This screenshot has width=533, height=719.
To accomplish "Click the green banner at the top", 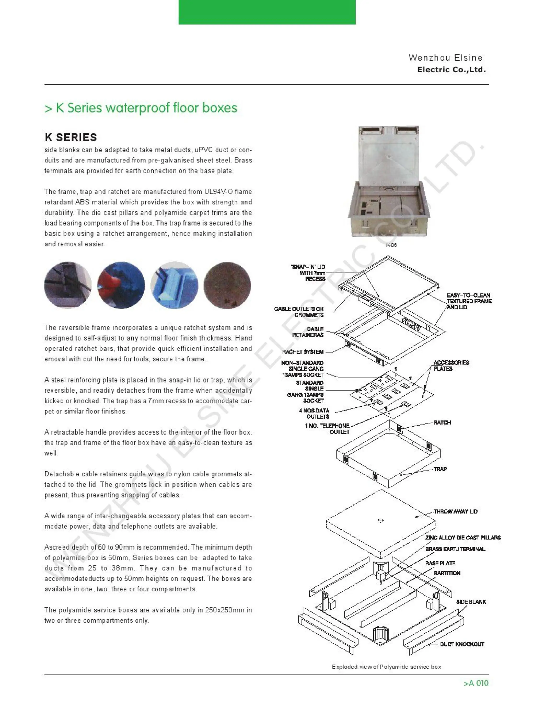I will tap(267, 12).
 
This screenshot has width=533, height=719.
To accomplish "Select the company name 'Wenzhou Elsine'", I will tap(445, 58).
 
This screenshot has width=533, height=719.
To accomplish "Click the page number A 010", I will tap(476, 683).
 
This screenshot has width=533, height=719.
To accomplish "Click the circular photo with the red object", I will tap(121, 285).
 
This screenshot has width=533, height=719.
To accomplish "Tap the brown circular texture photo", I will tap(227, 285).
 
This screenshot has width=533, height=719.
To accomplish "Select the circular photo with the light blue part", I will tap(174, 285).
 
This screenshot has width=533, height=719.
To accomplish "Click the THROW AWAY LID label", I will tap(455, 511).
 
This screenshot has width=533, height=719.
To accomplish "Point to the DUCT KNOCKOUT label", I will tap(462, 644).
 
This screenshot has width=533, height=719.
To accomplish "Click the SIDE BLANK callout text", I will tap(471, 602).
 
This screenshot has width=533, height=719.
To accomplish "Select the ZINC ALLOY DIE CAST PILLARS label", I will tap(463, 537).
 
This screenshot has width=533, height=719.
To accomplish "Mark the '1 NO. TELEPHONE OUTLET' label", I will tap(327, 429).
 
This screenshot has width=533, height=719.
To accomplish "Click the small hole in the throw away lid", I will tap(380, 521).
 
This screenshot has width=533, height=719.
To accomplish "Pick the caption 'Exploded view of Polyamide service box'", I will tap(386, 667).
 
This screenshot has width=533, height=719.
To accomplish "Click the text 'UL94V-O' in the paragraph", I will tap(218, 192).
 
